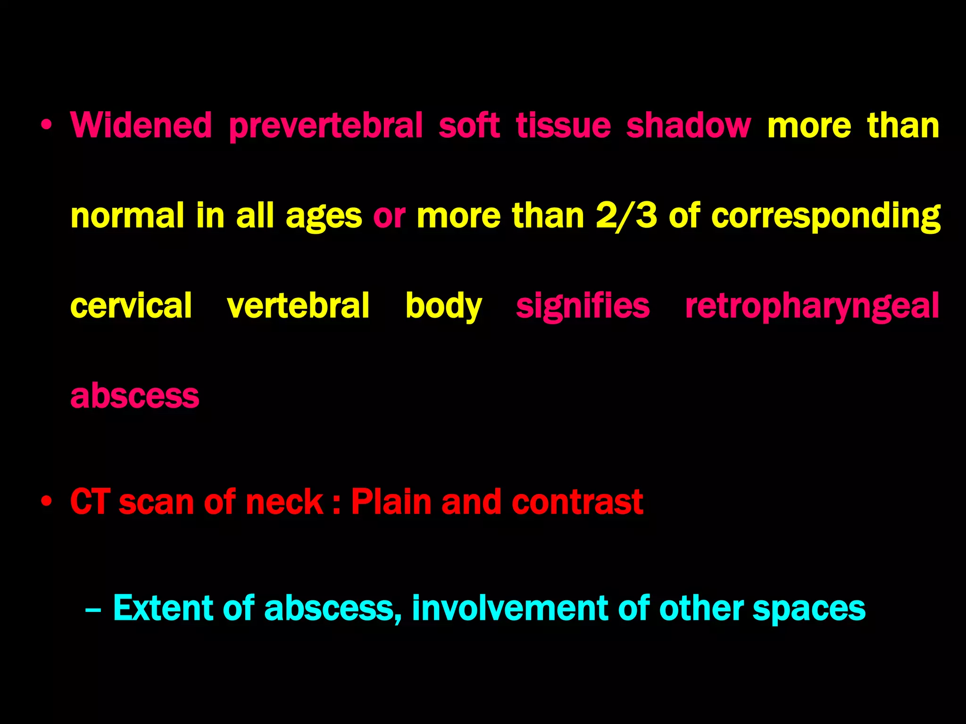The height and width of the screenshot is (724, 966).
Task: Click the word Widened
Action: (141, 125)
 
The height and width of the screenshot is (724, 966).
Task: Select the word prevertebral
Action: (325, 126)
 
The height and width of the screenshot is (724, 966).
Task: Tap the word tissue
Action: (563, 125)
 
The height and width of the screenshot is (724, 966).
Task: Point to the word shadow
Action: (688, 125)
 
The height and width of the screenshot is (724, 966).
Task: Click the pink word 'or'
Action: (389, 216)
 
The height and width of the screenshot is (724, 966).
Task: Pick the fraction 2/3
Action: (626, 216)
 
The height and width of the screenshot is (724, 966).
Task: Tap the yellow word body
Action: (443, 306)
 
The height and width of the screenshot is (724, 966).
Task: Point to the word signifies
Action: (583, 306)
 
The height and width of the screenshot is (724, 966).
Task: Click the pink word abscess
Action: (134, 396)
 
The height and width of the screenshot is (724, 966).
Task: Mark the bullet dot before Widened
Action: (46, 125)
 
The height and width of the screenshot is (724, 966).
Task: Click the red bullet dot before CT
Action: (46, 502)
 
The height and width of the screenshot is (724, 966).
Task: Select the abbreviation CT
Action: (90, 502)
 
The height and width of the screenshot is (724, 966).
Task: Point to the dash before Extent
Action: (93, 609)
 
